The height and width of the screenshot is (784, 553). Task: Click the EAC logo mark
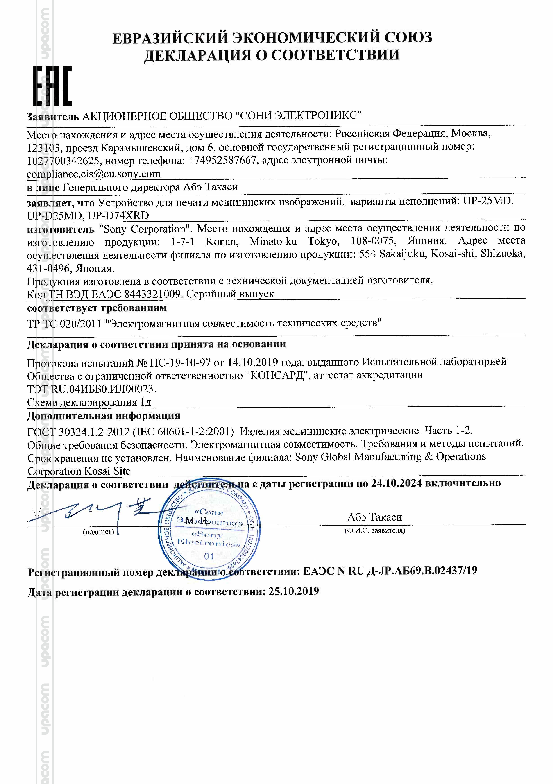52,86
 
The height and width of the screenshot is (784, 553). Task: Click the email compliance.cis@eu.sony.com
94,174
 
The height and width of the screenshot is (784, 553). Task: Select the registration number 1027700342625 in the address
63,161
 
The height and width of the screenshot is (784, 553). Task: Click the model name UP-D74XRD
118,216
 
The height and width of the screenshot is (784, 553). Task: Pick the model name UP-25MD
488,202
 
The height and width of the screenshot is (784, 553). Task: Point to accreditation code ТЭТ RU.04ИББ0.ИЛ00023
92,389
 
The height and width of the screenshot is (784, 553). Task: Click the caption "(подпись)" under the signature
98,532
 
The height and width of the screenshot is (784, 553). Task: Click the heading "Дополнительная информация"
104,416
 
